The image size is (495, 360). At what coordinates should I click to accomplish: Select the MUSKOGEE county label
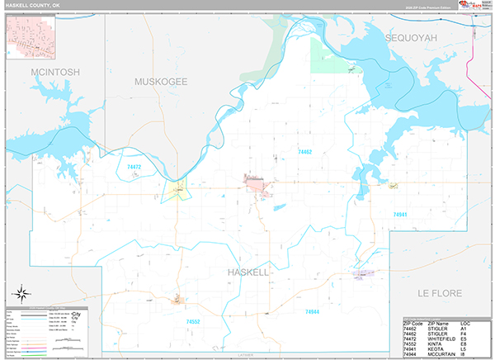pyautogui.click(x=161, y=82)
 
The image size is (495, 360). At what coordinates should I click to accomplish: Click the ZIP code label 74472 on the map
pyautogui.click(x=134, y=167)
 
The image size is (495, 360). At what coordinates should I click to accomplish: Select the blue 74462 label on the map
pyautogui.click(x=304, y=152)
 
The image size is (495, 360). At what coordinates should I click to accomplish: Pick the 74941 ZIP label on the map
pyautogui.click(x=401, y=214)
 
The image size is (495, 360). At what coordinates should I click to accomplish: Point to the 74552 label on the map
pyautogui.click(x=193, y=321)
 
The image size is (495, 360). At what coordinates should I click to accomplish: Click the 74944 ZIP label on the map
pyautogui.click(x=312, y=311)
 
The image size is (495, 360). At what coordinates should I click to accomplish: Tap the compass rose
pyautogui.click(x=22, y=293)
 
